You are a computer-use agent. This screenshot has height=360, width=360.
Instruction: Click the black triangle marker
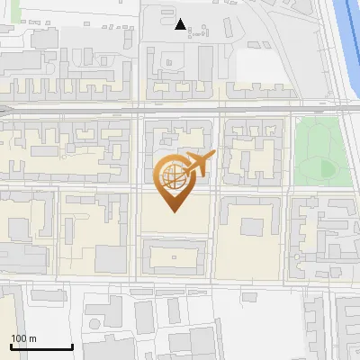coord(181,25)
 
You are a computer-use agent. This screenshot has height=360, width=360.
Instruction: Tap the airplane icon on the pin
coord(197,164)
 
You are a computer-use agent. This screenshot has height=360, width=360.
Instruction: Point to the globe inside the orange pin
coord(173,175)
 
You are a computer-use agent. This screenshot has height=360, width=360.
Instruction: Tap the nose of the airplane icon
coord(212,157)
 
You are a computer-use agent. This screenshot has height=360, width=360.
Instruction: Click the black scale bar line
coord(41,346)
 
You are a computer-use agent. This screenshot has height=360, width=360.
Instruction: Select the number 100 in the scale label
coord(19,338)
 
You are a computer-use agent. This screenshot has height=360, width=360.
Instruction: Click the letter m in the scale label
coord(32,339)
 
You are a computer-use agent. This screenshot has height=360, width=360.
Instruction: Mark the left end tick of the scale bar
coord(11,345)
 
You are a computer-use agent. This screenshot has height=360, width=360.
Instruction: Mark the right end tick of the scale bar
coord(72,345)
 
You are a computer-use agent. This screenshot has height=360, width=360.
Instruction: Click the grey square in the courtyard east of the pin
coord(253,222)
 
